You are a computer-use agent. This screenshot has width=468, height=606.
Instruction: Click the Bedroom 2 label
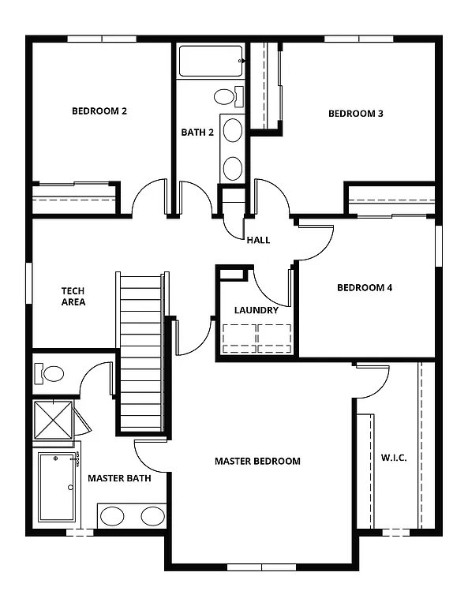click(x=99, y=111)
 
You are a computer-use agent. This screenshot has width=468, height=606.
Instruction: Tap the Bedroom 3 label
click(x=355, y=114)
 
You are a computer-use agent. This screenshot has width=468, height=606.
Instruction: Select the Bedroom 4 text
click(x=364, y=287)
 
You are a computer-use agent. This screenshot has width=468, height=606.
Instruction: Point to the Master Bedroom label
click(x=257, y=461)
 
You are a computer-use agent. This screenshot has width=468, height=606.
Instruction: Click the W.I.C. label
click(x=394, y=458)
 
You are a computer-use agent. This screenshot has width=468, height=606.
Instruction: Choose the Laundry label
click(x=256, y=310)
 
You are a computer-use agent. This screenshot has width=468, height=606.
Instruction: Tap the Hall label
click(x=258, y=240)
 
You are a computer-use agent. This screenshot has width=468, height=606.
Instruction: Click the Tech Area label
click(x=73, y=296)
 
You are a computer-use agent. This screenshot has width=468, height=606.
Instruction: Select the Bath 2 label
click(x=197, y=132)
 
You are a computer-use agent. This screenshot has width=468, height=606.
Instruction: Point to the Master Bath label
click(x=119, y=478)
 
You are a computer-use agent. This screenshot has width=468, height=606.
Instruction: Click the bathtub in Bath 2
click(x=210, y=61)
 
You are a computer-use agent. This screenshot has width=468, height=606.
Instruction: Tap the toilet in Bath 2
click(x=226, y=97)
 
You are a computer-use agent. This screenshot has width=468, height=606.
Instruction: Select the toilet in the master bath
click(x=51, y=373)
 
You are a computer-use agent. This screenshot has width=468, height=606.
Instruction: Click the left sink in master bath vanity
click(x=113, y=517)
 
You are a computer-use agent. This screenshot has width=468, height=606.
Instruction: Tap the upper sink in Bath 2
click(x=233, y=130)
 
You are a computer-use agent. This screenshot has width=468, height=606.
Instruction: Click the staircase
click(x=141, y=351)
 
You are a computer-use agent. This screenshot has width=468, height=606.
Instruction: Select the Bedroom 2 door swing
click(x=148, y=200)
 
